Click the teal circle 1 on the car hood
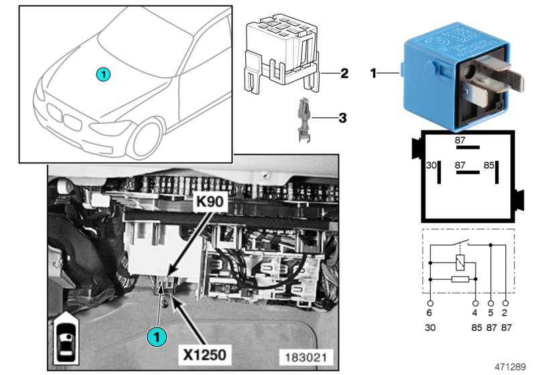[101, 73]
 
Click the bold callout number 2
[344, 73]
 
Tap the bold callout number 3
[342, 119]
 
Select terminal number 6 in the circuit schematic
[429, 312]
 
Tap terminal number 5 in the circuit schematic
[491, 312]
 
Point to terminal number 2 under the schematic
[505, 312]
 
